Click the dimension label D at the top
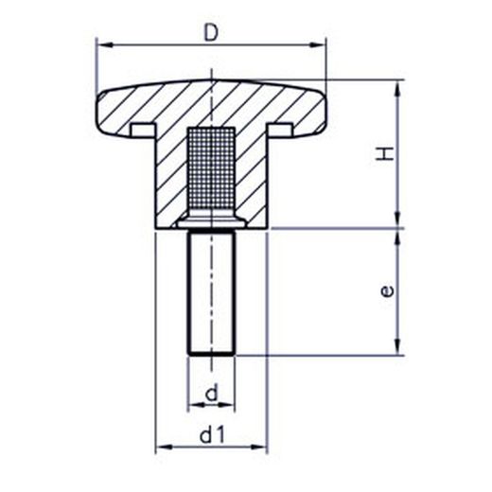tap(211, 33)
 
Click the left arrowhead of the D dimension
tap(105, 45)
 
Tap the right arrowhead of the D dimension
tap(317, 45)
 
